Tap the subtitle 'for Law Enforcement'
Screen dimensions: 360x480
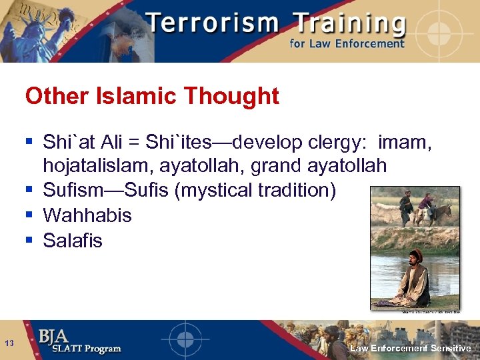click(x=347, y=44)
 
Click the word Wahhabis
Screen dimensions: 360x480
click(x=87, y=215)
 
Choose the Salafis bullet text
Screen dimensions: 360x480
click(x=73, y=241)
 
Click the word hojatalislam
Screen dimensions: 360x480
click(x=98, y=165)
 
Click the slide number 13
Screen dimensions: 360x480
click(x=9, y=343)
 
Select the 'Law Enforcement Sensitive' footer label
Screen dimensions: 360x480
click(x=411, y=348)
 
